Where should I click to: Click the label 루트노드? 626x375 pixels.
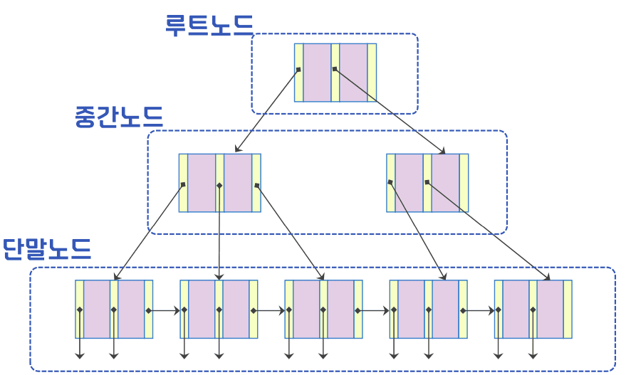(209, 24)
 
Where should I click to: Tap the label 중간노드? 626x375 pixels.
(119, 116)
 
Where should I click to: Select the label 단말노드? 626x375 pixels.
(47, 249)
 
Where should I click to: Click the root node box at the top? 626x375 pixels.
(335, 73)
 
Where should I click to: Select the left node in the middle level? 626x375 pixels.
(219, 183)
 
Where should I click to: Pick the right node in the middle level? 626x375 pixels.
(427, 183)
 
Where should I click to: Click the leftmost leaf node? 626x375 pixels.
(114, 309)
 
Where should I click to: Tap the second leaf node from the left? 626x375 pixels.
(219, 309)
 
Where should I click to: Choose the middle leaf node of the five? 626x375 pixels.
(323, 309)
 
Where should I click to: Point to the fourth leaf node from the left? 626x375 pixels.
(428, 309)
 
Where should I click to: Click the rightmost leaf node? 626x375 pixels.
(533, 309)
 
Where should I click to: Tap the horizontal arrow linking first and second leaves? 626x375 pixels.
(165, 310)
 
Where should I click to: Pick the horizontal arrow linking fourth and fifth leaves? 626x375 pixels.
(479, 310)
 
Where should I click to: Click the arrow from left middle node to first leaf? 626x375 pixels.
(149, 232)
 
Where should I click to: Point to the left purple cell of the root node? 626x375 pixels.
(317, 73)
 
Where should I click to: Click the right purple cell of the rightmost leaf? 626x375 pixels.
(550, 309)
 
